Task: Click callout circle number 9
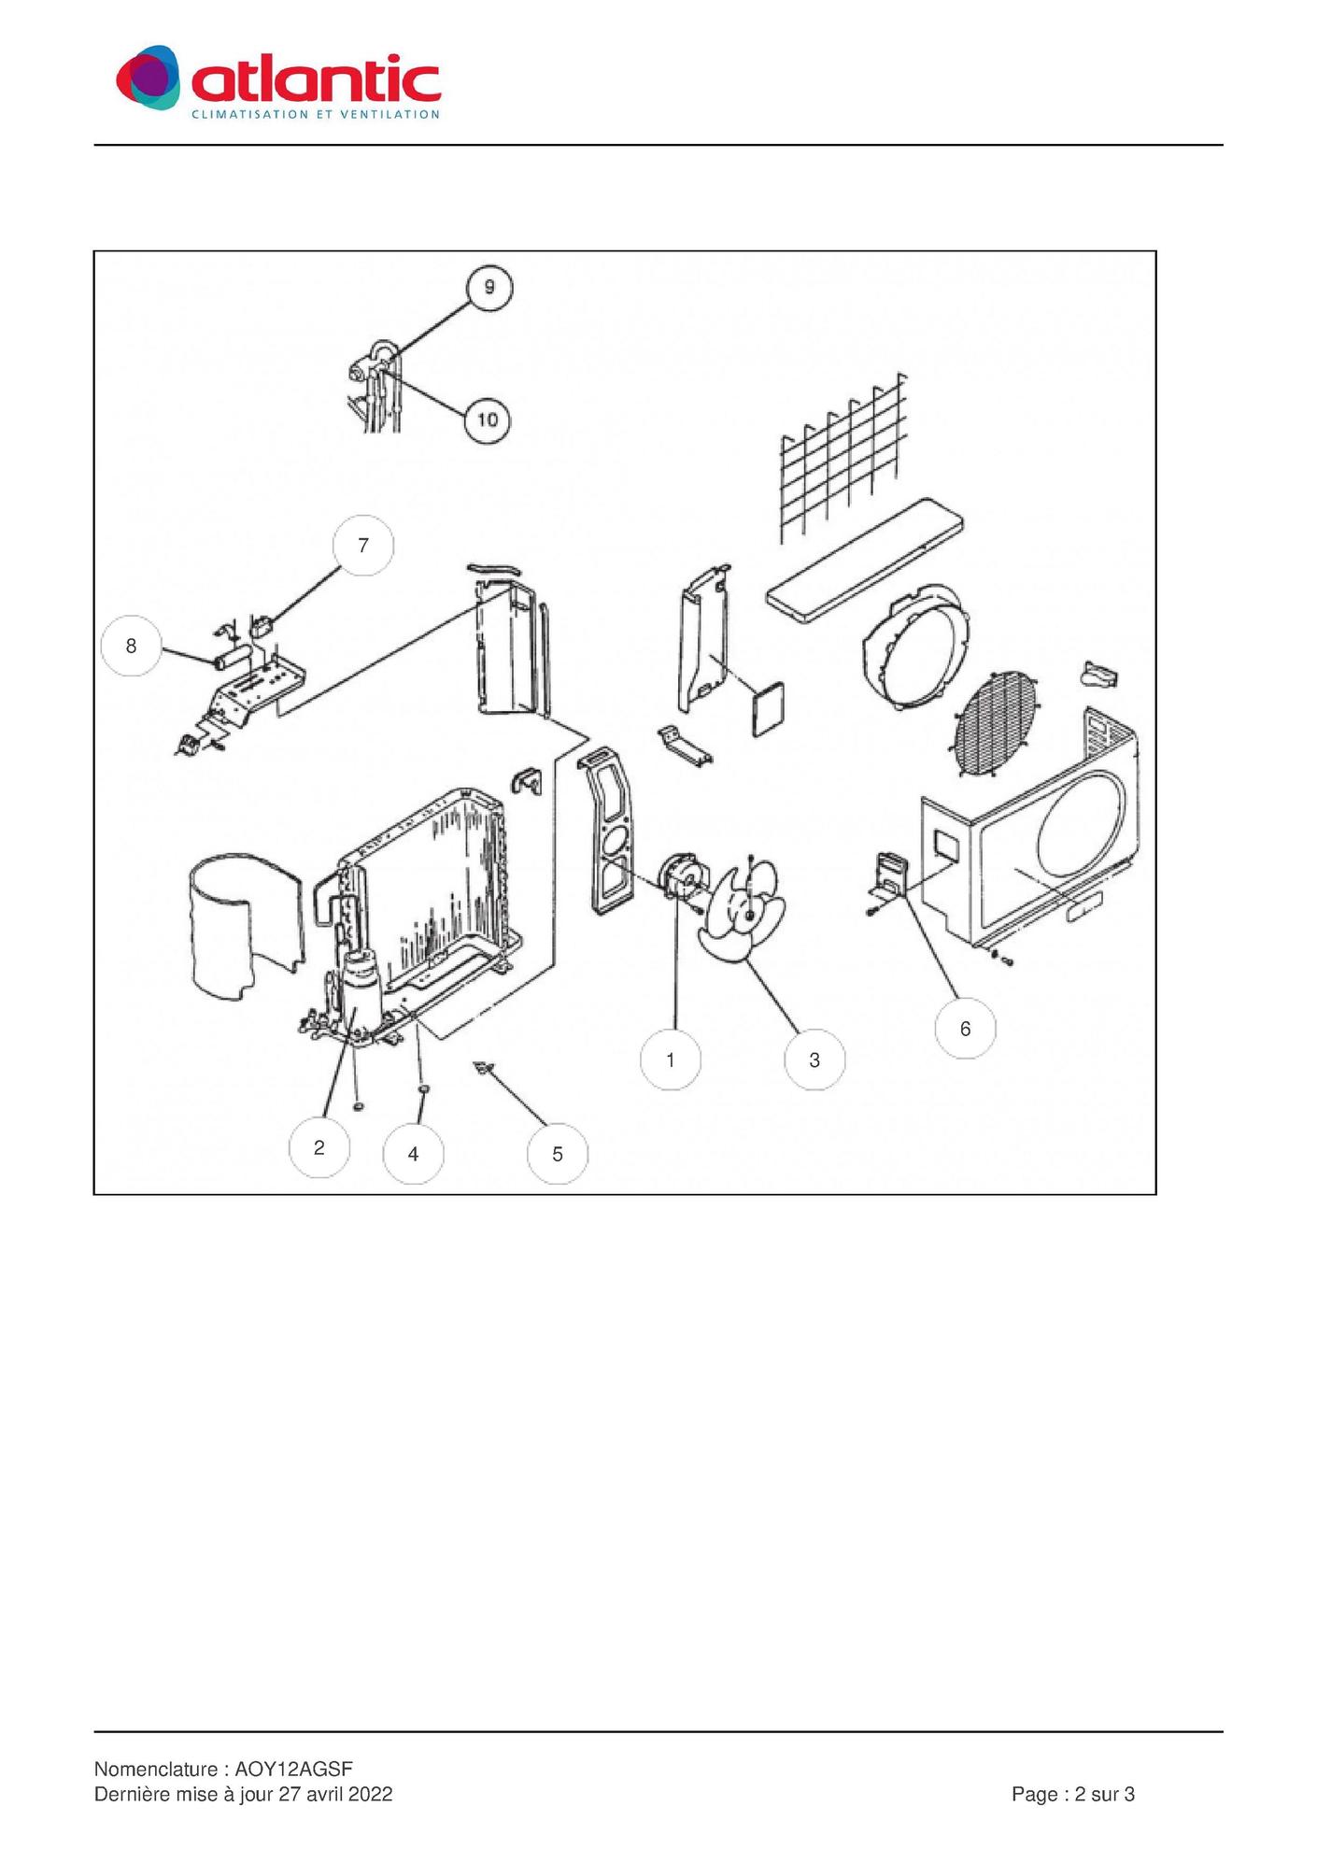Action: coord(489,286)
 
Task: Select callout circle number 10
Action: coord(488,420)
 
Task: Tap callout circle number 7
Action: coord(363,545)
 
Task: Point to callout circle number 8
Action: coord(131,645)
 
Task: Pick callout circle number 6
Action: coord(965,1028)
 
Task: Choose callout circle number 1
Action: coord(671,1059)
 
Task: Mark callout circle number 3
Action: coord(814,1059)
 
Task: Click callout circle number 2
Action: coord(319,1146)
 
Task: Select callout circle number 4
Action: coord(413,1153)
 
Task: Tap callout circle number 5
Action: coord(558,1154)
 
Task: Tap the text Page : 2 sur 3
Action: coord(1073,1794)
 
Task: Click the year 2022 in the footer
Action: coord(371,1794)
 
